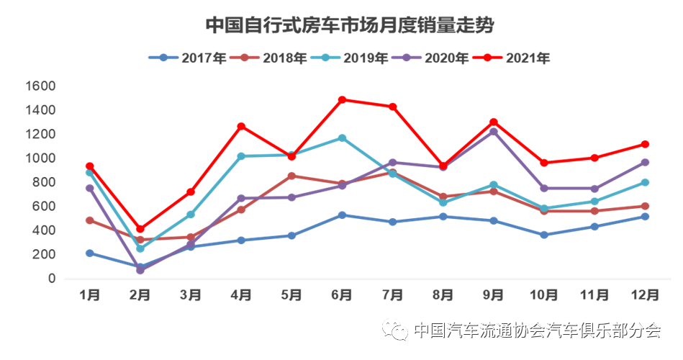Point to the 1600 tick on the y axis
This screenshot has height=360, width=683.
coord(40,86)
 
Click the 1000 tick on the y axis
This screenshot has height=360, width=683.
coord(40,158)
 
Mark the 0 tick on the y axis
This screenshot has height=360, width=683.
coord(51,279)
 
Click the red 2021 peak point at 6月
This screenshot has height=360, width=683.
coord(342,100)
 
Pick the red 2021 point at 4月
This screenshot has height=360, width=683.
coord(241,127)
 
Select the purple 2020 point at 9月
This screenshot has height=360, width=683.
coord(494,132)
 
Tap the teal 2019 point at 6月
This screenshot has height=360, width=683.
coord(342,138)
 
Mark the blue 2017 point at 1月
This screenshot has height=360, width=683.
coord(90,253)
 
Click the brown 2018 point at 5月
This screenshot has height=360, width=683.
coord(291,176)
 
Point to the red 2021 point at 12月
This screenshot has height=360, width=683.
coord(645,144)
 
